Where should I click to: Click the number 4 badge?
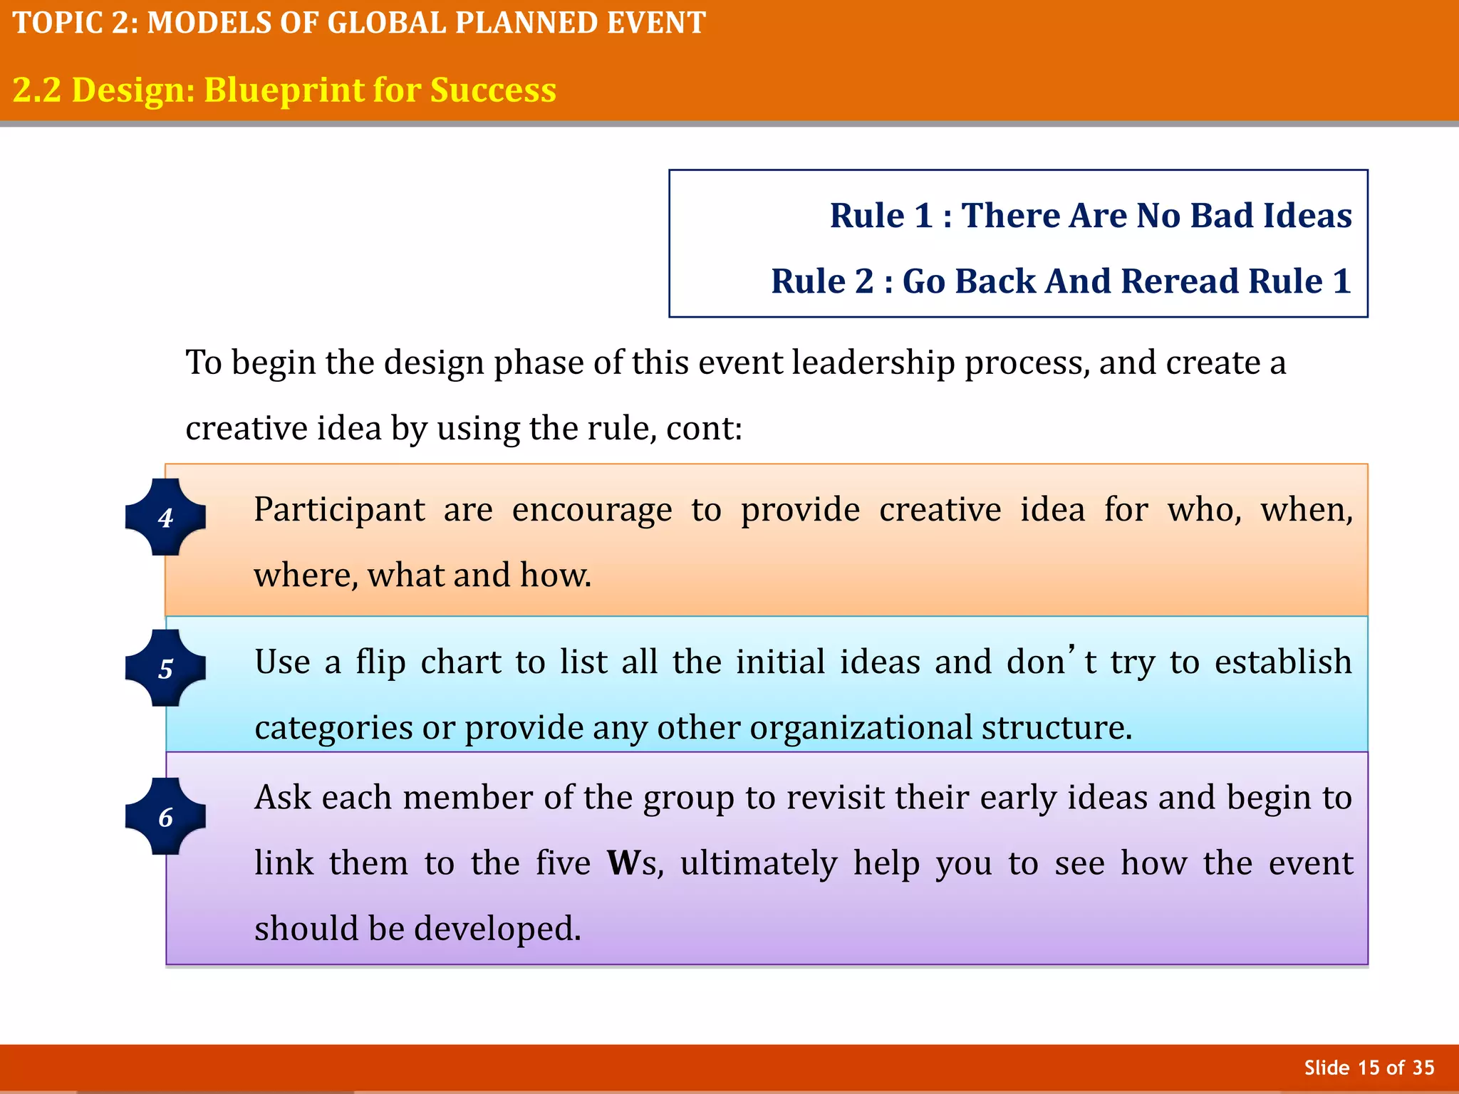coord(165,517)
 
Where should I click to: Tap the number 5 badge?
coord(165,668)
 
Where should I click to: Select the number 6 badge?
coord(165,816)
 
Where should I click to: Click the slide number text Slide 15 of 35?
coord(1369,1068)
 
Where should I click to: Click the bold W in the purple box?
coord(623,863)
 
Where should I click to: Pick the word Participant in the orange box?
coord(340,510)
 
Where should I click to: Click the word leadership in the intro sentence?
coord(872,363)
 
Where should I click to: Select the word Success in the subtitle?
coord(493,90)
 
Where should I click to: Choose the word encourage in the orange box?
coord(591,510)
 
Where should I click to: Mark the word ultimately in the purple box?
coord(758,863)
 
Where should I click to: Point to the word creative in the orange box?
coord(940,510)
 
